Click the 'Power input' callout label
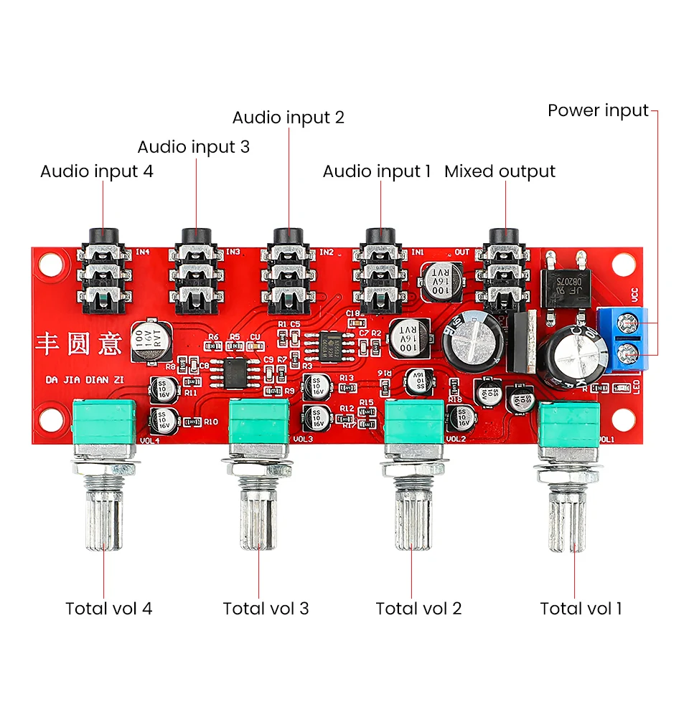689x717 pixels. tap(598, 110)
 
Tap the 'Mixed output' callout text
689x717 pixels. tap(500, 171)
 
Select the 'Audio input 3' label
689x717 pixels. tap(194, 147)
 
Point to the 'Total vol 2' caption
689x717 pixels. tap(418, 609)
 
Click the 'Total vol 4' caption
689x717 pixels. tap(109, 609)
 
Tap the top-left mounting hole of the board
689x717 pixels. tap(49, 266)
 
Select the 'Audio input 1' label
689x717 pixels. tap(377, 171)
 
